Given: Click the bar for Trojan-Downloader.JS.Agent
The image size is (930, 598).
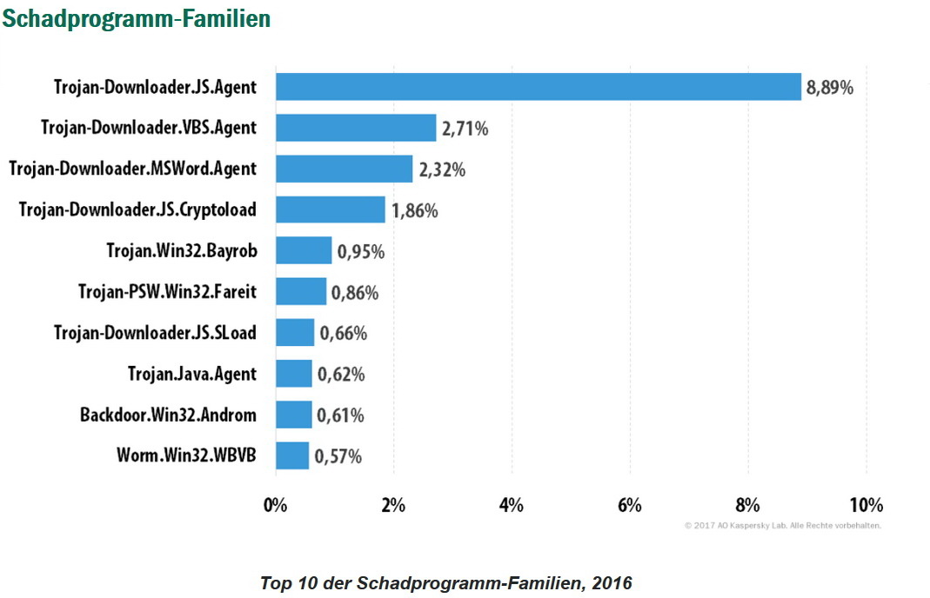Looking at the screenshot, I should pyautogui.click(x=538, y=87).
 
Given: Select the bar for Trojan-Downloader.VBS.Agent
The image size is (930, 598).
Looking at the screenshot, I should pyautogui.click(x=356, y=128).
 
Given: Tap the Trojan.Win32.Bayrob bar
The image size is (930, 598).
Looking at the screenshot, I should pyautogui.click(x=304, y=251).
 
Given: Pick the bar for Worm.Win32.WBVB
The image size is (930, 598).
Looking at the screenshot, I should pyautogui.click(x=292, y=455).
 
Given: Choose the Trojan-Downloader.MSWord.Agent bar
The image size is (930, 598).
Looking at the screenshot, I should pyautogui.click(x=344, y=169).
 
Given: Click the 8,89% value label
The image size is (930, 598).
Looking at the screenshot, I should pyautogui.click(x=830, y=88).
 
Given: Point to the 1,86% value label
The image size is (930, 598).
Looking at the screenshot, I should pyautogui.click(x=414, y=210).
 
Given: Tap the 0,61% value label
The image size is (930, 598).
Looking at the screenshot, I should pyautogui.click(x=340, y=415).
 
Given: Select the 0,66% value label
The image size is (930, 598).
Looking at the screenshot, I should pyautogui.click(x=343, y=333).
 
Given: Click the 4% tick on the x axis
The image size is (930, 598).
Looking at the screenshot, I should pyautogui.click(x=512, y=506).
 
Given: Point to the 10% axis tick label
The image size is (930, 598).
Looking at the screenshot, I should pyautogui.click(x=866, y=506).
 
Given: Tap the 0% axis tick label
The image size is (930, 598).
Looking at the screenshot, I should pyautogui.click(x=276, y=506).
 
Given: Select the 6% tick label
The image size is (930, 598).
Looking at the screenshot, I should pyautogui.click(x=629, y=506).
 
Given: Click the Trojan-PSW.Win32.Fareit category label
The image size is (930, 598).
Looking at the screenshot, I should pyautogui.click(x=167, y=292).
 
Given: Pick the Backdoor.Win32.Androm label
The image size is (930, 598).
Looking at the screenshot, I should pyautogui.click(x=168, y=415).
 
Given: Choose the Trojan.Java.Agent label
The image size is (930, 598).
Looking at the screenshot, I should pyautogui.click(x=192, y=374).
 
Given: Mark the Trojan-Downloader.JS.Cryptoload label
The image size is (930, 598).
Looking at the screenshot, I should pyautogui.click(x=137, y=209).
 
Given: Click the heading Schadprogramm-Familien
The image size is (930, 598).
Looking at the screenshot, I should pyautogui.click(x=137, y=18).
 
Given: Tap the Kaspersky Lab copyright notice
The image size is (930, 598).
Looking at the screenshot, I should pyautogui.click(x=783, y=526).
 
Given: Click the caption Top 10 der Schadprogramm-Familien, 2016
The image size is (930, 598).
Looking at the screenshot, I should pyautogui.click(x=446, y=582).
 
